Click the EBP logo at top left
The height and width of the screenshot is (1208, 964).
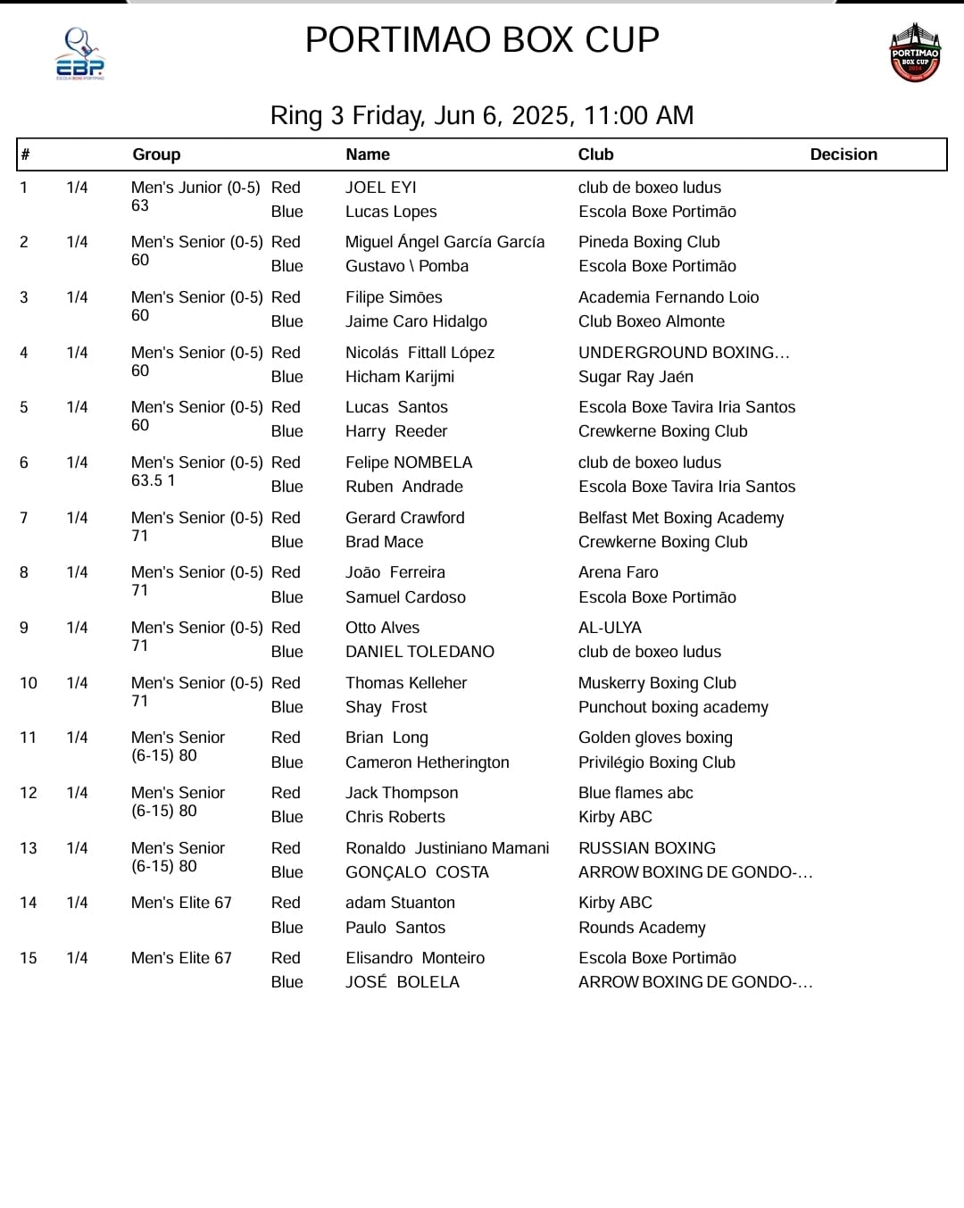[80, 54]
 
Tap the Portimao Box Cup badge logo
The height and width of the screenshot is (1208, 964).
[915, 54]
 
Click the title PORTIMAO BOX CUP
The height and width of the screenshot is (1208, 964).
[482, 40]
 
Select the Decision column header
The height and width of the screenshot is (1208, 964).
[843, 154]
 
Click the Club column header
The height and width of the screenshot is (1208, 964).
[595, 154]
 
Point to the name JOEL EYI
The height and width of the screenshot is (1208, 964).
[381, 187]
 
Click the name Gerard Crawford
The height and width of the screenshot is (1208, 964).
[405, 518]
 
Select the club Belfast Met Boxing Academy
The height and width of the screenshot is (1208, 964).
[681, 518]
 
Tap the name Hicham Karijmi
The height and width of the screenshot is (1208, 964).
[400, 377]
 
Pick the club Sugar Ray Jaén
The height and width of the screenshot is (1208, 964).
[636, 377]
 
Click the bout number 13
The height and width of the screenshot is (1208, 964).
[29, 848]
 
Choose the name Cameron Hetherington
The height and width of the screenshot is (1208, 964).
[428, 762]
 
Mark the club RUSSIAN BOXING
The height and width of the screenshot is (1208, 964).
[647, 848]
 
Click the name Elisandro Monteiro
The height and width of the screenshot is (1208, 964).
[415, 958]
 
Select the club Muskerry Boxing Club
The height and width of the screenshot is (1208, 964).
[657, 683]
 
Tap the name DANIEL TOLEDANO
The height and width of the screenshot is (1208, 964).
[420, 652]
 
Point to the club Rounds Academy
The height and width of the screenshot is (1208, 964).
[642, 928]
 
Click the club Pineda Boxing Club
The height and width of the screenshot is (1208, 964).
[649, 242]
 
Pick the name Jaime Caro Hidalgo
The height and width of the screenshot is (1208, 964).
[417, 321]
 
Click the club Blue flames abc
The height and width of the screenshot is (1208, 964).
[636, 793]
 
